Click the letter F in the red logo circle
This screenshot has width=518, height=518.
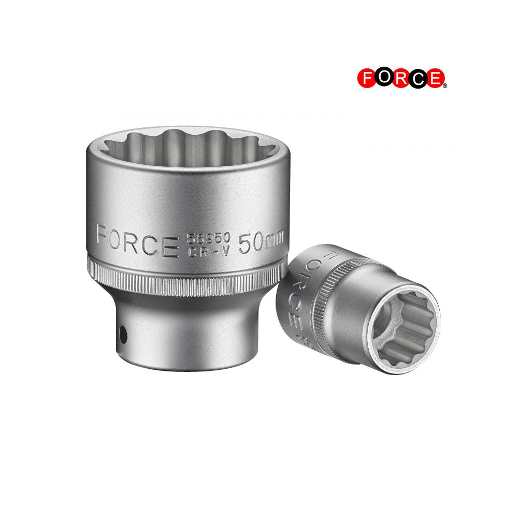click(x=366, y=78)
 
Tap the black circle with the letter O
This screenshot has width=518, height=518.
click(x=384, y=78)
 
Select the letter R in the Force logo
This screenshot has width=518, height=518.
click(x=401, y=78)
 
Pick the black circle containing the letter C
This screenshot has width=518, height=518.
click(x=418, y=78)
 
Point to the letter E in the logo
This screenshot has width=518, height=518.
click(x=435, y=78)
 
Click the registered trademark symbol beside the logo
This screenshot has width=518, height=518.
click(x=445, y=85)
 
